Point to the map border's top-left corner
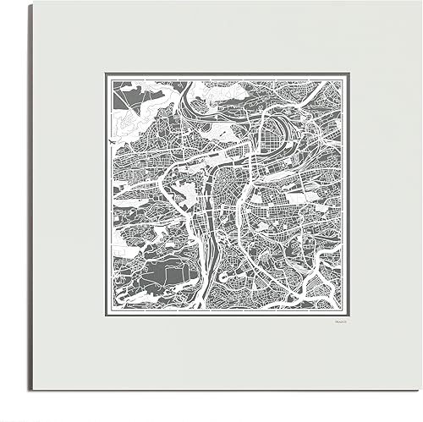[x=107, y=76]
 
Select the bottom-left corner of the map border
[x=107, y=310]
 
